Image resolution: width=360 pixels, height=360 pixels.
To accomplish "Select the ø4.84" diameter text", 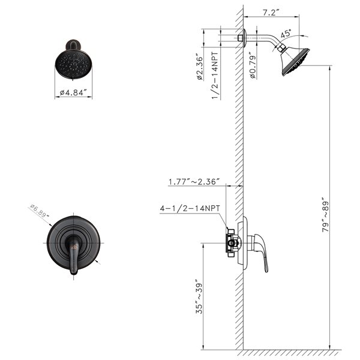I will (74, 93).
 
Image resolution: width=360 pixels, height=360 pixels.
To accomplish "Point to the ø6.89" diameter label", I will (42, 211).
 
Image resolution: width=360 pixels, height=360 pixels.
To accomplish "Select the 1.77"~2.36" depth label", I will (194, 180).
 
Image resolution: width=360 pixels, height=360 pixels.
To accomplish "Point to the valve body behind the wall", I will (232, 242).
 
